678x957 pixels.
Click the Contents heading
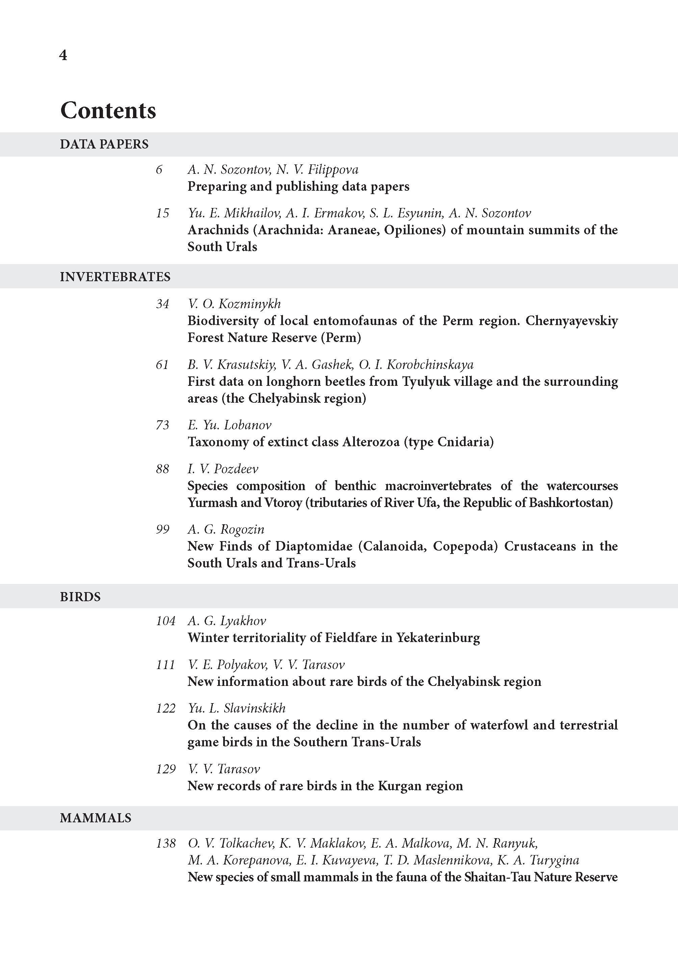(x=108, y=111)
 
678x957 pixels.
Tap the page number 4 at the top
(x=63, y=55)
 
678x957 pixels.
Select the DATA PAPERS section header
(x=104, y=144)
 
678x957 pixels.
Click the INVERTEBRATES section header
(x=115, y=277)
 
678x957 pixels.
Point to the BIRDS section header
(x=80, y=597)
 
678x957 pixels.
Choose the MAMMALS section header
(x=95, y=818)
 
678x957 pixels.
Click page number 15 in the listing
(x=162, y=213)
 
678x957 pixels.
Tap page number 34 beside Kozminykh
(x=162, y=304)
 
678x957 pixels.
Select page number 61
(x=162, y=365)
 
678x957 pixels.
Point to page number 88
(x=162, y=469)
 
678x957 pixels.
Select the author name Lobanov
(x=247, y=425)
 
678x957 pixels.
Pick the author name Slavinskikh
(x=255, y=708)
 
